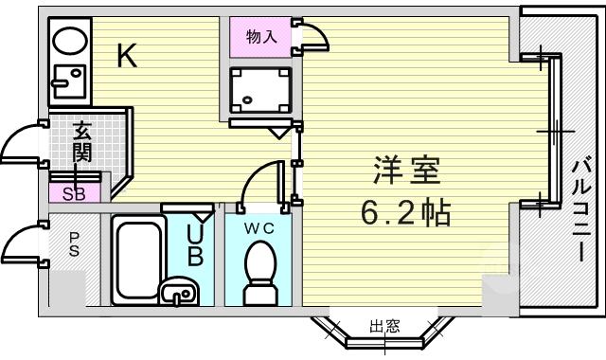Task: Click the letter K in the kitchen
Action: click(x=127, y=55)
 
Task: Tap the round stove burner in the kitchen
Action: click(x=70, y=40)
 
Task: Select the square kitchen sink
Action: click(x=69, y=81)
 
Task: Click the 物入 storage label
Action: click(x=261, y=37)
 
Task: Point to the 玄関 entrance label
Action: click(x=82, y=141)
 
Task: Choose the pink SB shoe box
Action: click(x=74, y=192)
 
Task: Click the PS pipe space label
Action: click(x=74, y=244)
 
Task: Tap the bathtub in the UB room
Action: click(x=138, y=260)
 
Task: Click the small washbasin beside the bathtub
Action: click(x=179, y=293)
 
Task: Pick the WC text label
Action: click(x=258, y=228)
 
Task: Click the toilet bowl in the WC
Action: click(x=260, y=272)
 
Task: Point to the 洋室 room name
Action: click(x=406, y=171)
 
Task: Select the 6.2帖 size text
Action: click(x=406, y=212)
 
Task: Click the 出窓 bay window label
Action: click(x=384, y=327)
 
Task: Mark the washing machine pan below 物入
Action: click(x=259, y=90)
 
